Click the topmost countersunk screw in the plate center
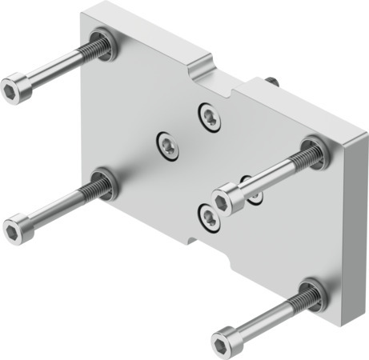(x=209, y=117)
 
